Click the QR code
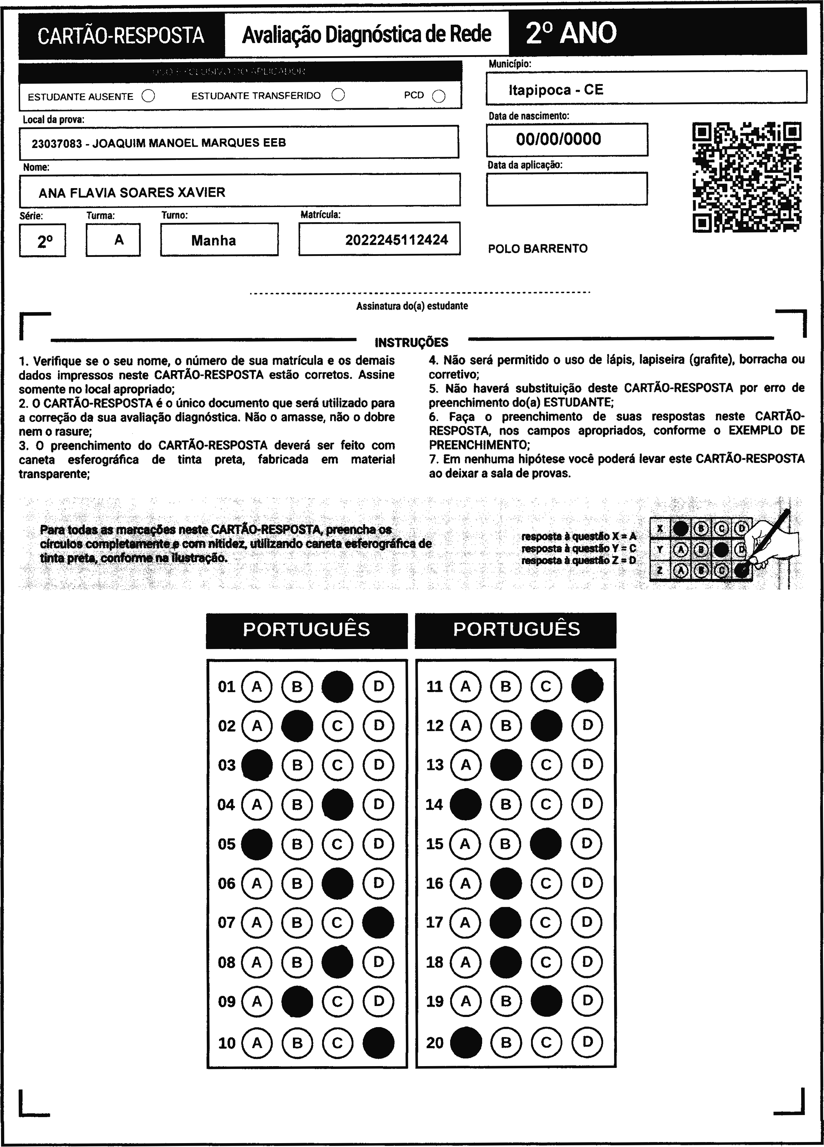tap(746, 177)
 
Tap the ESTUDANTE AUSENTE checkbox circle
tap(148, 96)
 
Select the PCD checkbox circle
tap(439, 96)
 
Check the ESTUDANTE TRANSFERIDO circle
tap(338, 95)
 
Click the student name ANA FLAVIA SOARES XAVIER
tap(132, 192)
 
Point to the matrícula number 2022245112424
tap(397, 240)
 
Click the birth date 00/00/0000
tap(558, 139)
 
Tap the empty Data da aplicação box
tap(567, 189)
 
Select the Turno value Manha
tap(213, 240)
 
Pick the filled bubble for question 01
tap(337, 686)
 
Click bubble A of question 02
tap(257, 726)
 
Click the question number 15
tap(435, 844)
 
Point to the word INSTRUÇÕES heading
tap(411, 342)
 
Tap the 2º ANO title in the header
tap(571, 33)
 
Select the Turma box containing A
tap(113, 240)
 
